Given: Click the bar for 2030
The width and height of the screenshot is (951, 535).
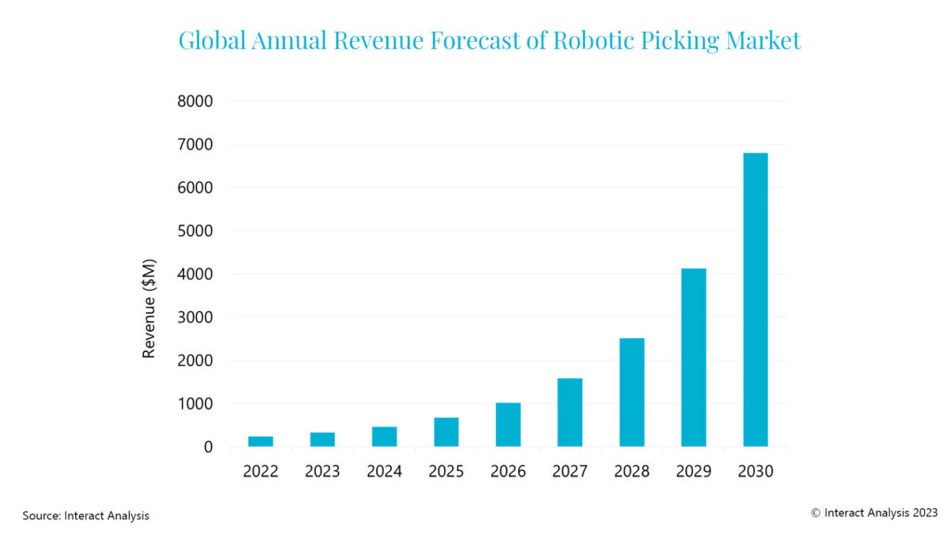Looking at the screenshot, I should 755,299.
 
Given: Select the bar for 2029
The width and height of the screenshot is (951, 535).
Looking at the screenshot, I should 694,358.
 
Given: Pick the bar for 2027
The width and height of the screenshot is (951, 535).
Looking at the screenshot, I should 569,412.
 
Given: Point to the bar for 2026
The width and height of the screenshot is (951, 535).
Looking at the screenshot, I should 508,424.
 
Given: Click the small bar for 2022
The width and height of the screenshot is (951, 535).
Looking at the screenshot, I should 261,441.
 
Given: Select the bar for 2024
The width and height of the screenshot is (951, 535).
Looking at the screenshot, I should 384,437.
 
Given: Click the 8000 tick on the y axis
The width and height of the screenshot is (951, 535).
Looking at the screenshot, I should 195,100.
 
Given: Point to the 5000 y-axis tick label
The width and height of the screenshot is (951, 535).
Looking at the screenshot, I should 195,230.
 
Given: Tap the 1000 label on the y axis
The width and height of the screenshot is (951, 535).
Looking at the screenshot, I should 195,403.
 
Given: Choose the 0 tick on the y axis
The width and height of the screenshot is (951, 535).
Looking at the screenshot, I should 207,447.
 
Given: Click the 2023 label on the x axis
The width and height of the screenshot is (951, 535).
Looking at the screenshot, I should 322,471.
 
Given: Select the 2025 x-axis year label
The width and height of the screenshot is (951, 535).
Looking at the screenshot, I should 446,471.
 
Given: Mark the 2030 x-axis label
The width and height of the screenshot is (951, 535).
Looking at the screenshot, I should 755,471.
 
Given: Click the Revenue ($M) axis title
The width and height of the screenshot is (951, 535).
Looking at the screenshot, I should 149,307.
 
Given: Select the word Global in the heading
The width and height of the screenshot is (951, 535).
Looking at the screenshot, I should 211,41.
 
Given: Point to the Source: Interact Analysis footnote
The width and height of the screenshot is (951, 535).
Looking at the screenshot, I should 85,515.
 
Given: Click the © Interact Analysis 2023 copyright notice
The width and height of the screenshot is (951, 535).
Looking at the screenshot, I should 874,511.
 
